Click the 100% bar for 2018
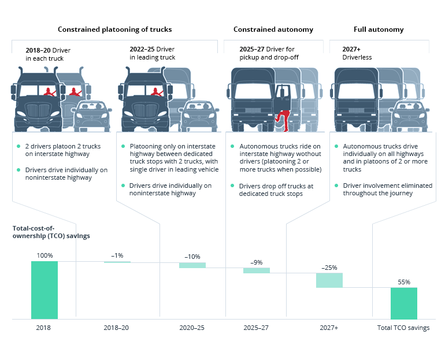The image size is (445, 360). pyautogui.click(x=44, y=290)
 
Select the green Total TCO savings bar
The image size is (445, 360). pyautogui.click(x=403, y=303)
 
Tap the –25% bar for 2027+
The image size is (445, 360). pyautogui.click(x=329, y=280)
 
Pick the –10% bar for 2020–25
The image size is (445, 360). pyautogui.click(x=192, y=265)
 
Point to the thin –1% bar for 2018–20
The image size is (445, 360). pyautogui.click(x=117, y=262)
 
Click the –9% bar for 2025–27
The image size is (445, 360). pyautogui.click(x=256, y=270)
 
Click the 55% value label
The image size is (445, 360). pyautogui.click(x=403, y=282)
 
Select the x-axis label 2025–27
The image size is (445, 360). pyautogui.click(x=256, y=328)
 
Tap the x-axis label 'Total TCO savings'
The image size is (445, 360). pyautogui.click(x=403, y=328)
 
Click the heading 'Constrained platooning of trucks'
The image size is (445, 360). pyautogui.click(x=114, y=29)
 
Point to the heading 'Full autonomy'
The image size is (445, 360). pyautogui.click(x=379, y=29)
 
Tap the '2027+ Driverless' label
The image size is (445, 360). pyautogui.click(x=354, y=54)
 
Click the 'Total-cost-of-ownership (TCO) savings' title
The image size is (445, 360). pyautogui.click(x=51, y=232)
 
